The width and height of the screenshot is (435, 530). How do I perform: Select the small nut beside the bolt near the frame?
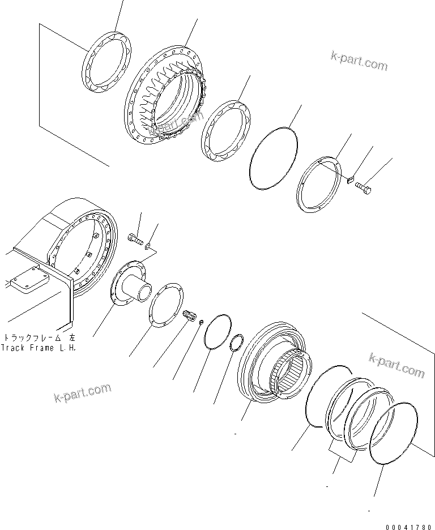[x=148, y=246]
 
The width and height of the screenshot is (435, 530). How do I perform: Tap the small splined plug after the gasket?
[x=191, y=315]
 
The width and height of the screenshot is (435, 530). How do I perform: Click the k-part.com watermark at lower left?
[x=83, y=393]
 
